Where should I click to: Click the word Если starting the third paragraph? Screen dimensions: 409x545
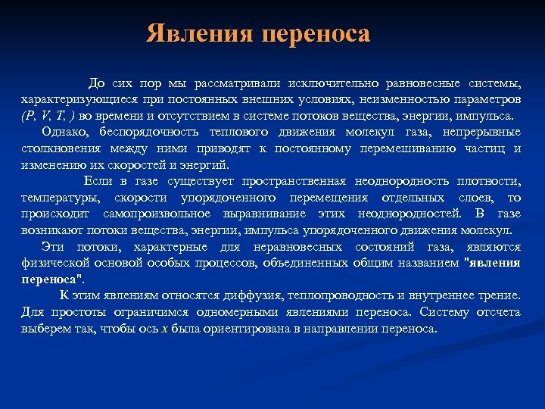coord(98,182)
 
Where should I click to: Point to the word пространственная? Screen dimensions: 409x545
coord(294,182)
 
